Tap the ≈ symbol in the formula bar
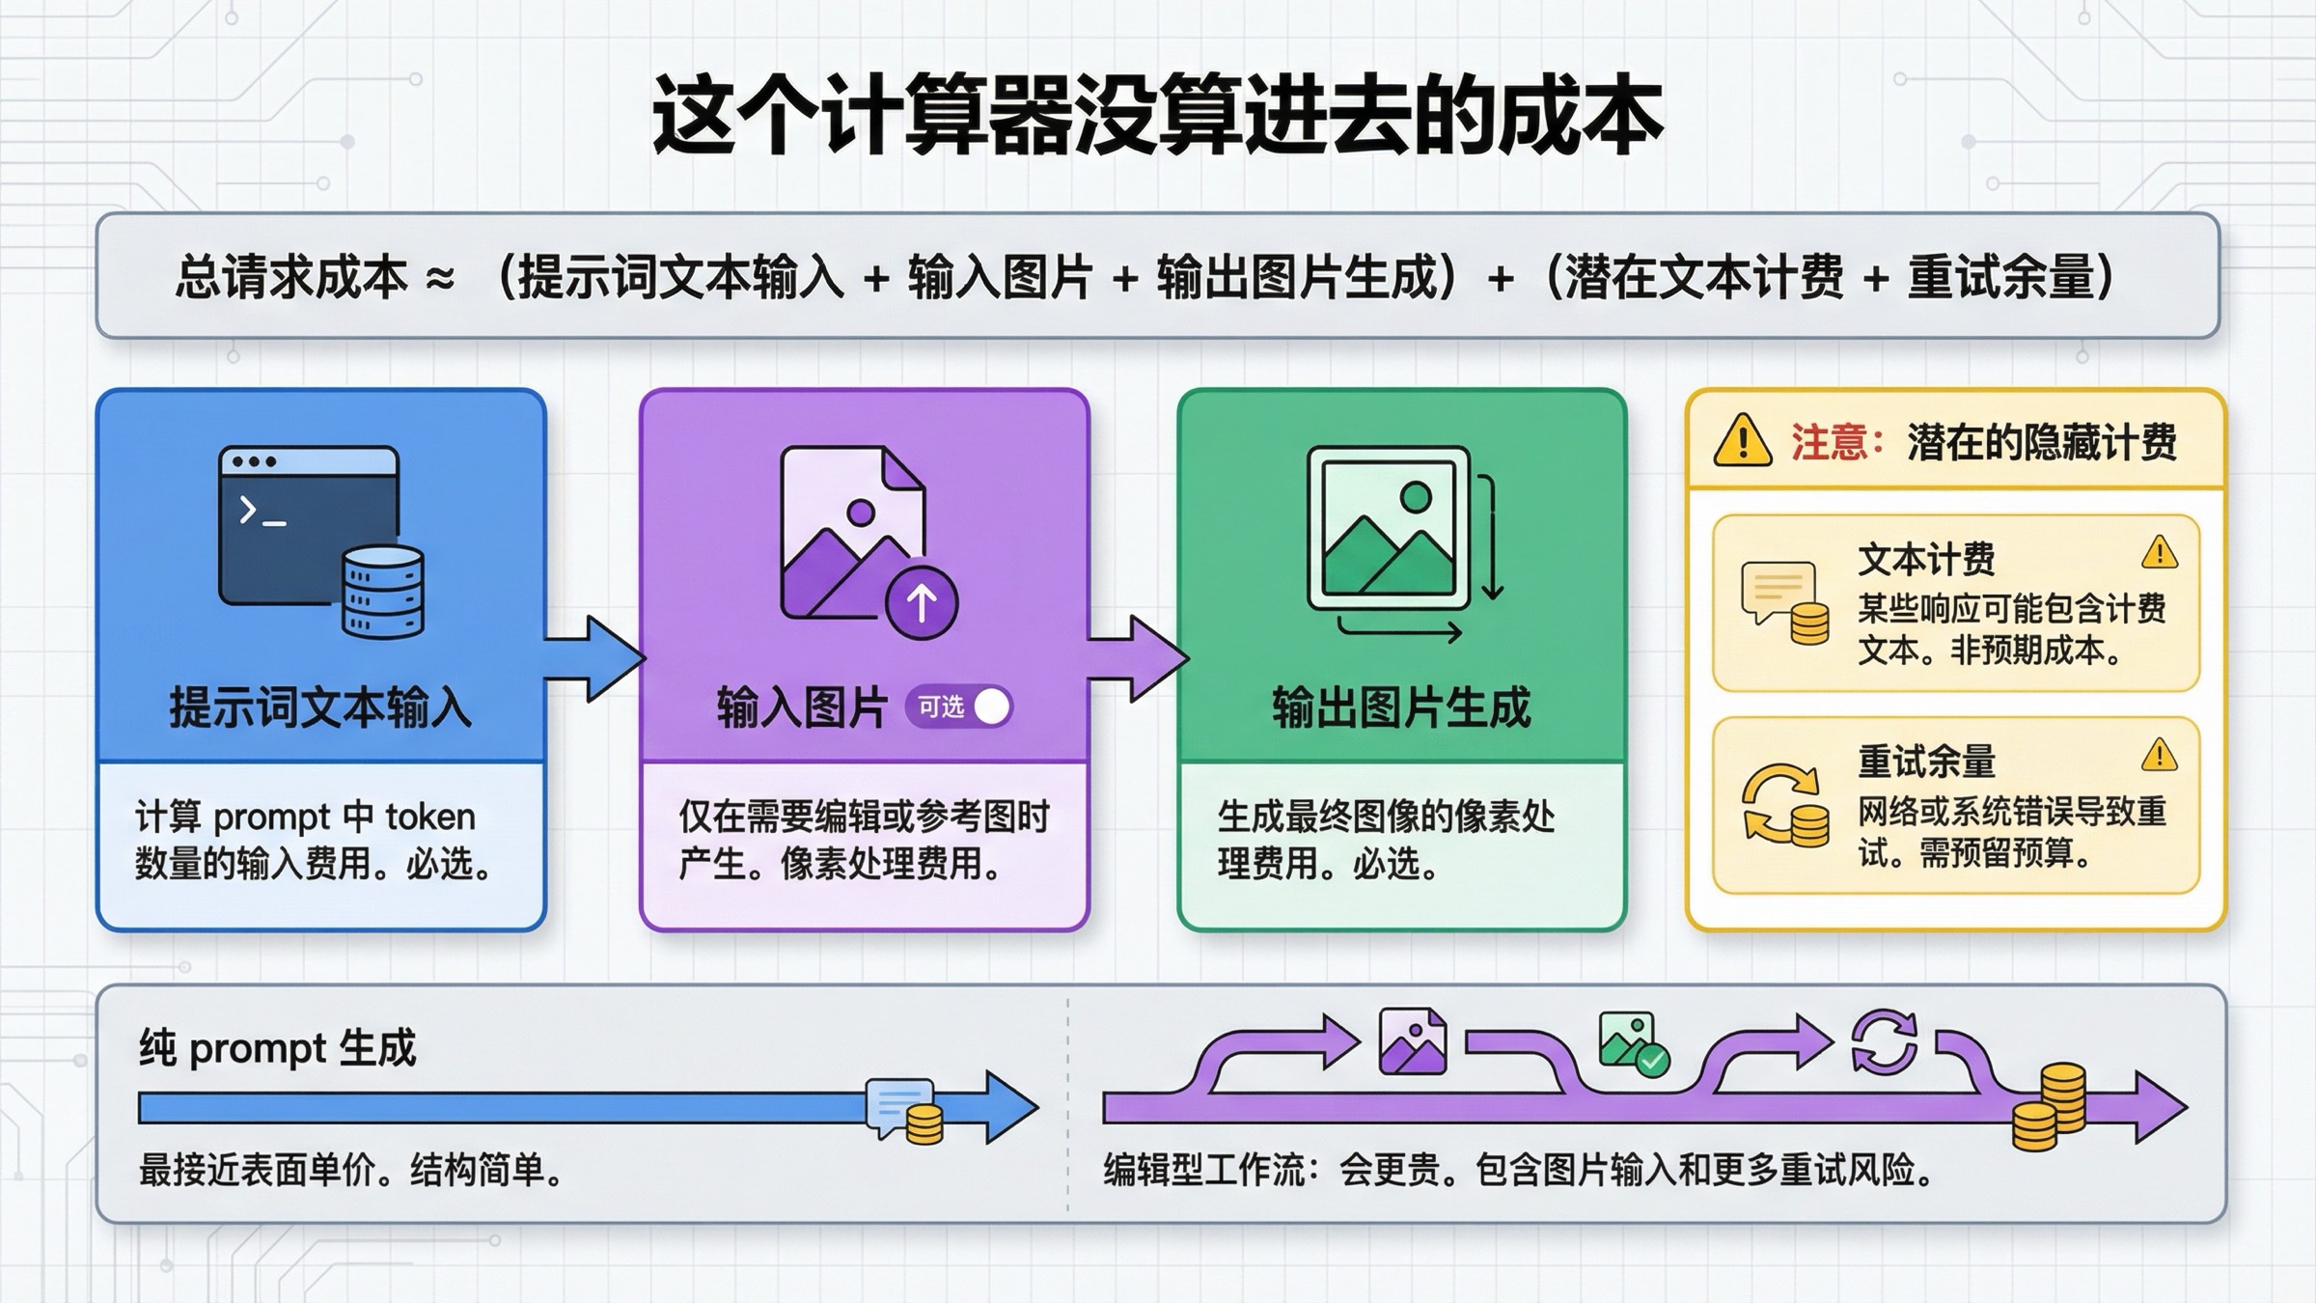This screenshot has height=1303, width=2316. [x=440, y=279]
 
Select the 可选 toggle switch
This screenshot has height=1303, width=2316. [x=959, y=707]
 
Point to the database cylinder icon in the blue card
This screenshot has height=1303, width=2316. [x=383, y=591]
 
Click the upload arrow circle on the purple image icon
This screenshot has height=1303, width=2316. [x=922, y=602]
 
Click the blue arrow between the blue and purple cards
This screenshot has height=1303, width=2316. [x=593, y=658]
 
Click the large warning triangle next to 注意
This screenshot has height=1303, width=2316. [x=1742, y=441]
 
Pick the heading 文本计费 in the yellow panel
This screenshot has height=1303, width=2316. [x=1926, y=559]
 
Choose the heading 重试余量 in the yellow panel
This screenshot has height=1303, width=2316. [x=1926, y=762]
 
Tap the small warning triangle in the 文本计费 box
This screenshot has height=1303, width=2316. [x=2159, y=553]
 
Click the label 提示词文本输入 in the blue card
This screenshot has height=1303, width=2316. [x=320, y=707]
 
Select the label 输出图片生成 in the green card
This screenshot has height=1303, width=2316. [x=1401, y=707]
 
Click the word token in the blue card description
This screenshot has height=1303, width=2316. [x=430, y=818]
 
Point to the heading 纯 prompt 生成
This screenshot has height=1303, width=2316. [x=277, y=1048]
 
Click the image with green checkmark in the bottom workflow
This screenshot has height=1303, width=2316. [x=1632, y=1042]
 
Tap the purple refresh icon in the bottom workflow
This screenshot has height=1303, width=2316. [x=1883, y=1041]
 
